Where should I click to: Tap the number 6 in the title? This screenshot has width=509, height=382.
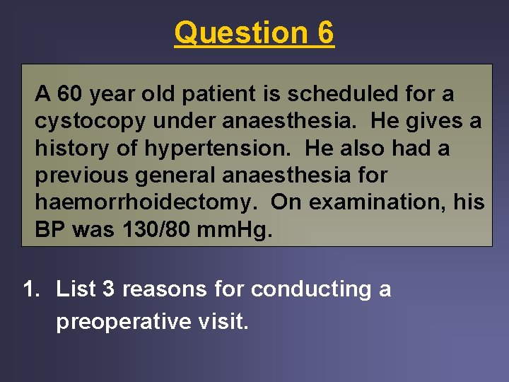(325, 33)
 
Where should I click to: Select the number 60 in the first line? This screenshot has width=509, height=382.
(71, 93)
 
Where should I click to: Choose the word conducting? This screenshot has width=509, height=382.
(309, 289)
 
